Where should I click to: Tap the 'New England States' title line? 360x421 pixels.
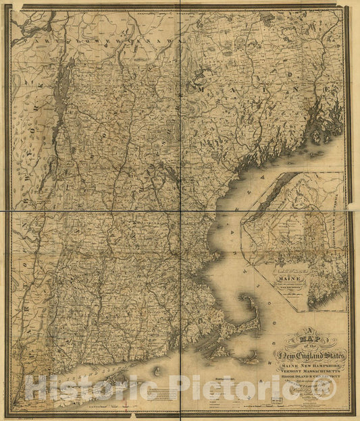(309, 355)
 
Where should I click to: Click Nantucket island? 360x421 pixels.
(251, 360)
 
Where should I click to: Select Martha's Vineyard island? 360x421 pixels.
(220, 352)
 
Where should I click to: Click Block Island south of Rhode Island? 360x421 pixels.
(157, 370)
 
